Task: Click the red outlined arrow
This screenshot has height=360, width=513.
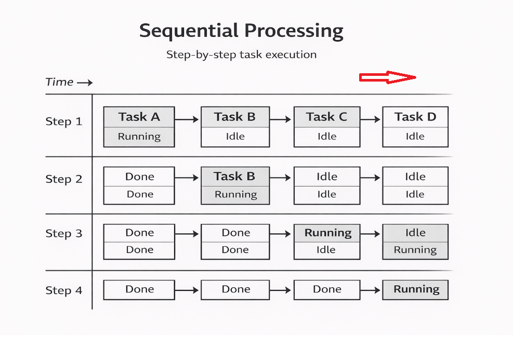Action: (387, 77)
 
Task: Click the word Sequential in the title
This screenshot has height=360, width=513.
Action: (189, 31)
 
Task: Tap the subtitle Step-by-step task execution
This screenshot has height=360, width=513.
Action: (241, 55)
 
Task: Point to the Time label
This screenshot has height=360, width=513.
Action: (59, 82)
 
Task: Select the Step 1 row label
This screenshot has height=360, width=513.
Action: (64, 122)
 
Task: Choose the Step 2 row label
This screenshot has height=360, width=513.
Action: (64, 180)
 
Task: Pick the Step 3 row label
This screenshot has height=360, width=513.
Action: (64, 234)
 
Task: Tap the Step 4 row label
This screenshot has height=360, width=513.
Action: (64, 291)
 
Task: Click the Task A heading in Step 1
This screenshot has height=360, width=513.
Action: (139, 117)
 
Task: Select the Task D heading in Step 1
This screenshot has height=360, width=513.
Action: (415, 117)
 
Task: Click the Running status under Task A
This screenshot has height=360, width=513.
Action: (139, 137)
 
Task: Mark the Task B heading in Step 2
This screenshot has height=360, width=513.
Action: (235, 177)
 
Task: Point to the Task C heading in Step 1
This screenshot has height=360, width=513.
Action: (326, 117)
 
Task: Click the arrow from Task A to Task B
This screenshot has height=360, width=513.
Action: (187, 119)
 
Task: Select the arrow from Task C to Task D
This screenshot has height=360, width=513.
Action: (371, 119)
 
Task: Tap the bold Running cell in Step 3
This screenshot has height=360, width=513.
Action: (327, 233)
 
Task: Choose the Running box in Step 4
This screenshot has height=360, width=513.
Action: (416, 289)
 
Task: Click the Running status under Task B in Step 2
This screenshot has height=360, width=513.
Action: (235, 195)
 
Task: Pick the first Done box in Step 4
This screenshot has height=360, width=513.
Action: (139, 289)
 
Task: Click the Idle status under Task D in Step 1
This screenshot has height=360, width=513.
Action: (415, 137)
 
